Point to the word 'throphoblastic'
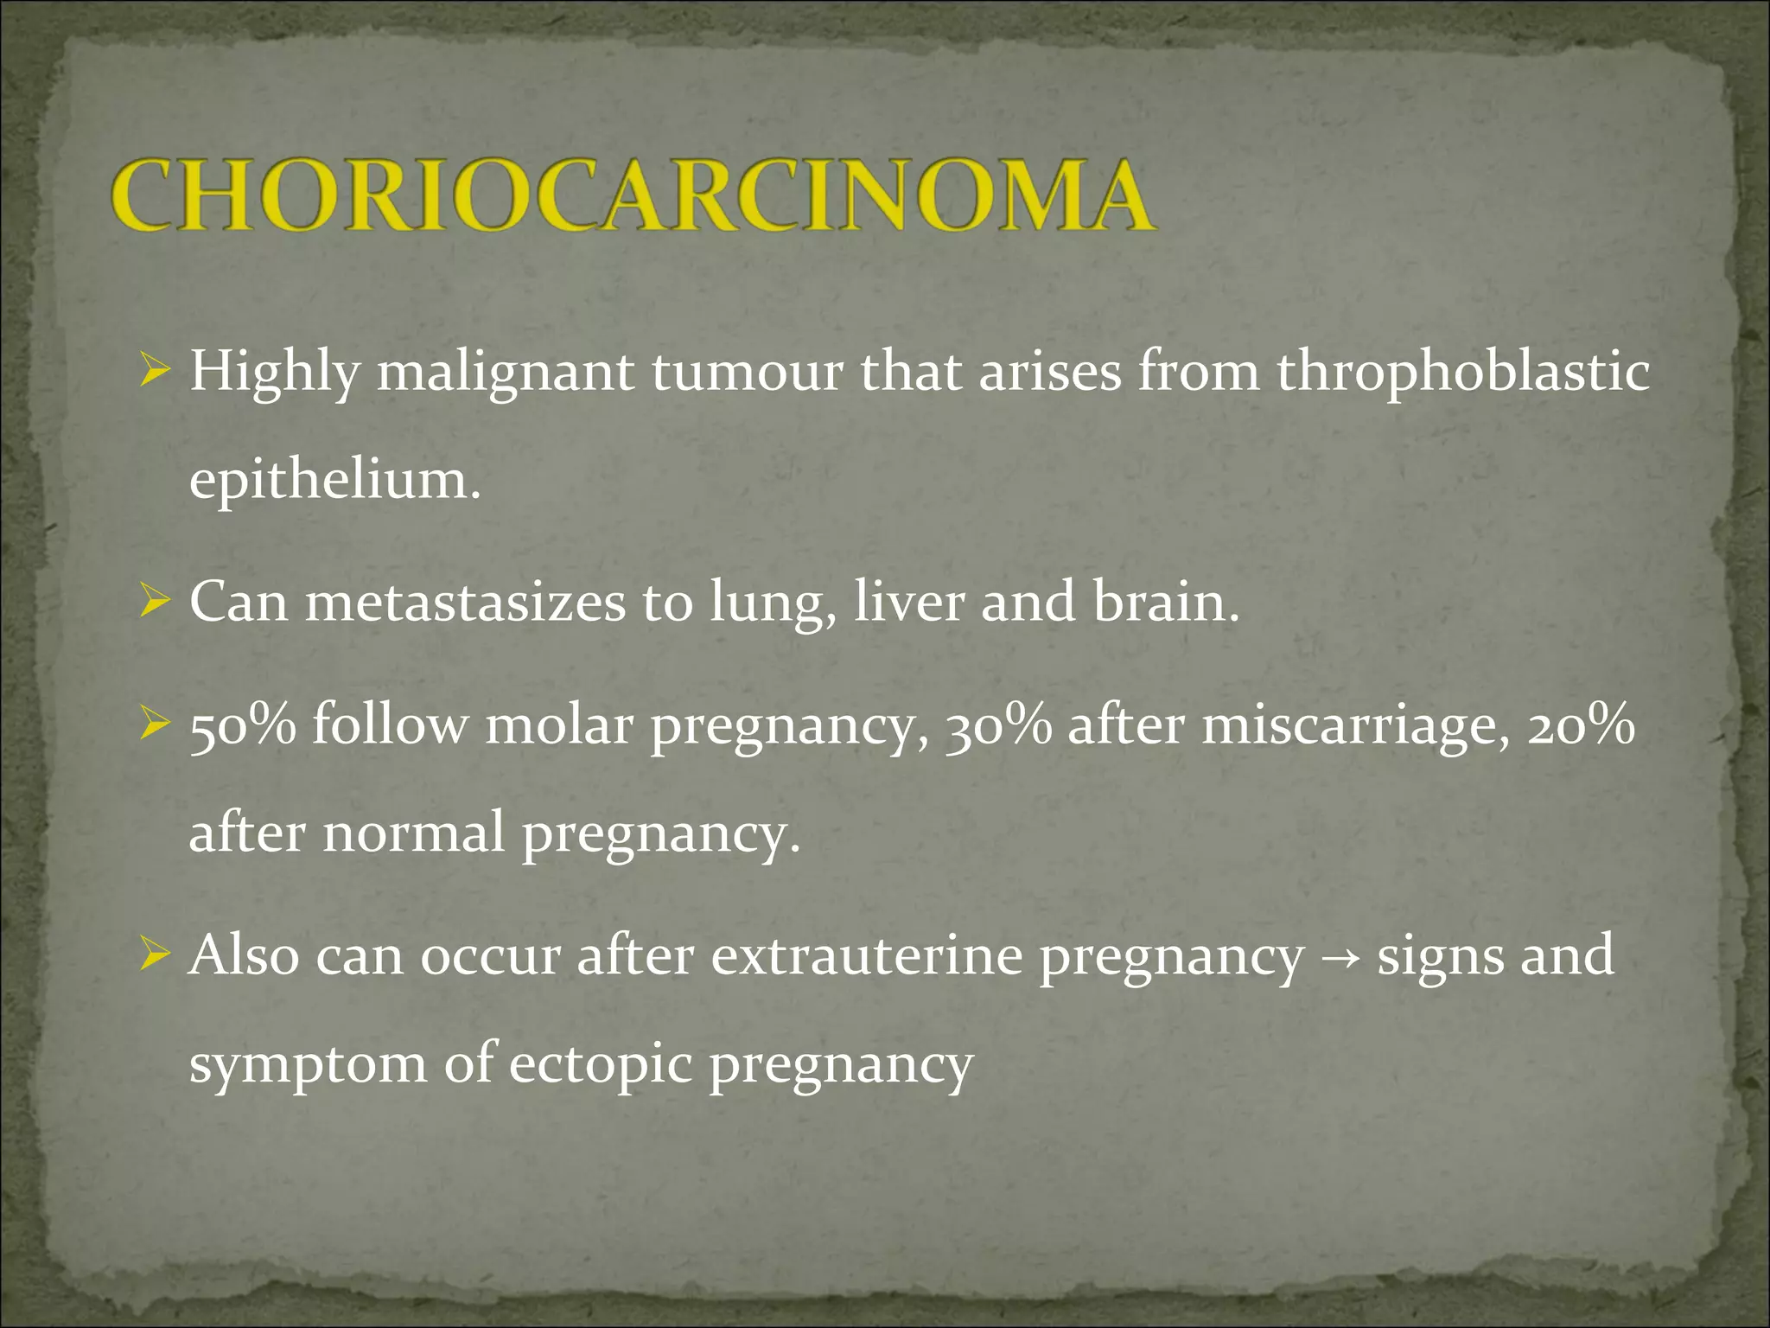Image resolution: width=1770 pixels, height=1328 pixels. (1463, 373)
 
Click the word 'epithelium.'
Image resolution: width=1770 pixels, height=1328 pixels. (334, 481)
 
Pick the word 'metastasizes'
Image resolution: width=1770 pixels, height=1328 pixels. (465, 602)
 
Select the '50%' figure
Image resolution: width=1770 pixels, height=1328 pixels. (242, 725)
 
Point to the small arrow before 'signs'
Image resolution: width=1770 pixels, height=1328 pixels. (1340, 958)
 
